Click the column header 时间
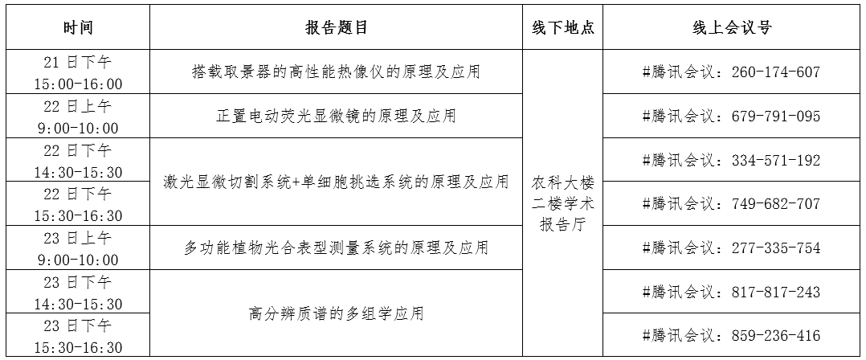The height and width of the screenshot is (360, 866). pos(78,27)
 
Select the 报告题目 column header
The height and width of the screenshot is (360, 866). pos(337,27)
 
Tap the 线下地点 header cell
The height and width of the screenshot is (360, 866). pos(563,27)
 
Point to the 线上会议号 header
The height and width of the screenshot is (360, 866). pos(732,27)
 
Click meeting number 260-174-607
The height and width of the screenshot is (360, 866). pos(776,72)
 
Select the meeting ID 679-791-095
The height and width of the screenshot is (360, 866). pos(776,116)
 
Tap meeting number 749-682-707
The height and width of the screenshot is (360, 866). pos(776,204)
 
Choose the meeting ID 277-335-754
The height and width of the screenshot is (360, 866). pos(776,248)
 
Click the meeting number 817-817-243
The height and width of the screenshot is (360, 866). pos(776,292)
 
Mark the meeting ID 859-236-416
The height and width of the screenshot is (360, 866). pos(776,336)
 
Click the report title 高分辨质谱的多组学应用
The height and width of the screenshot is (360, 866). pos(337,313)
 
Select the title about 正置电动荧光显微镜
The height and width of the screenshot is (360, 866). pos(337,116)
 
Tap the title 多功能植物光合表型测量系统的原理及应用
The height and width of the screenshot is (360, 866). pos(337,248)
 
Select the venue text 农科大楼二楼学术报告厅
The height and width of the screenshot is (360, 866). pos(563,204)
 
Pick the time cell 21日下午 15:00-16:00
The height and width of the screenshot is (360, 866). pos(78,72)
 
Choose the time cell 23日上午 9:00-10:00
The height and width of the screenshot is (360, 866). pos(78,248)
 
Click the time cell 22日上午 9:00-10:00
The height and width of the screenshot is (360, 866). pos(78,117)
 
